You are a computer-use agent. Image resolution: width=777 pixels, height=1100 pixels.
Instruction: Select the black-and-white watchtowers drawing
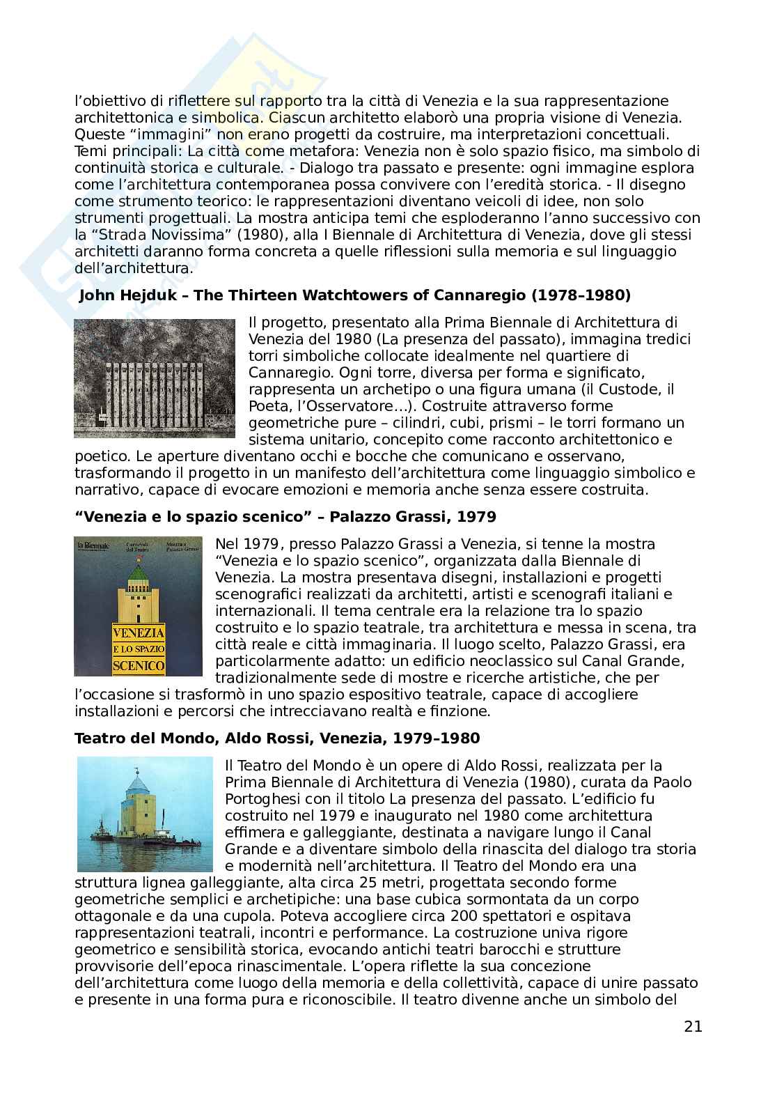(x=155, y=378)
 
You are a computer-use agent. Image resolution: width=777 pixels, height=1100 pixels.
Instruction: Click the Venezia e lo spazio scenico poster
(x=138, y=606)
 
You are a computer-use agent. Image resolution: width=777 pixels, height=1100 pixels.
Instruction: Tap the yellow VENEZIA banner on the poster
(x=139, y=633)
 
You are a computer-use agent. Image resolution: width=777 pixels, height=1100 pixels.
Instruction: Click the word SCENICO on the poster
(x=139, y=667)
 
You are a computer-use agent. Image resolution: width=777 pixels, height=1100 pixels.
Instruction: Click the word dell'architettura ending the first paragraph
(x=132, y=268)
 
